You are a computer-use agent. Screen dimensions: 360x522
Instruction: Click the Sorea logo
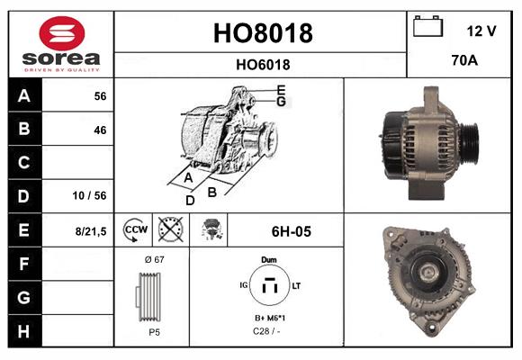(x=61, y=44)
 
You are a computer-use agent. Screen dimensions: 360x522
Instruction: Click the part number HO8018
(x=262, y=33)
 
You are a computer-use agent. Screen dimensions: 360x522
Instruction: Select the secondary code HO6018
(x=262, y=64)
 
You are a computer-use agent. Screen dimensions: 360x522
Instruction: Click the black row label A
(x=23, y=95)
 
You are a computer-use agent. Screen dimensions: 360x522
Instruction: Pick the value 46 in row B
(x=99, y=130)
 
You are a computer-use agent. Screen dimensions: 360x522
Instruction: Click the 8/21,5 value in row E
(x=91, y=231)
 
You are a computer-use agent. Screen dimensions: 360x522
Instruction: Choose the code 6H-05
(x=291, y=231)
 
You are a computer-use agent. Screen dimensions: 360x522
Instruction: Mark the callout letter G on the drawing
(x=281, y=102)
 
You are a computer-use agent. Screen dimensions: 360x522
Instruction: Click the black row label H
(x=23, y=331)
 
